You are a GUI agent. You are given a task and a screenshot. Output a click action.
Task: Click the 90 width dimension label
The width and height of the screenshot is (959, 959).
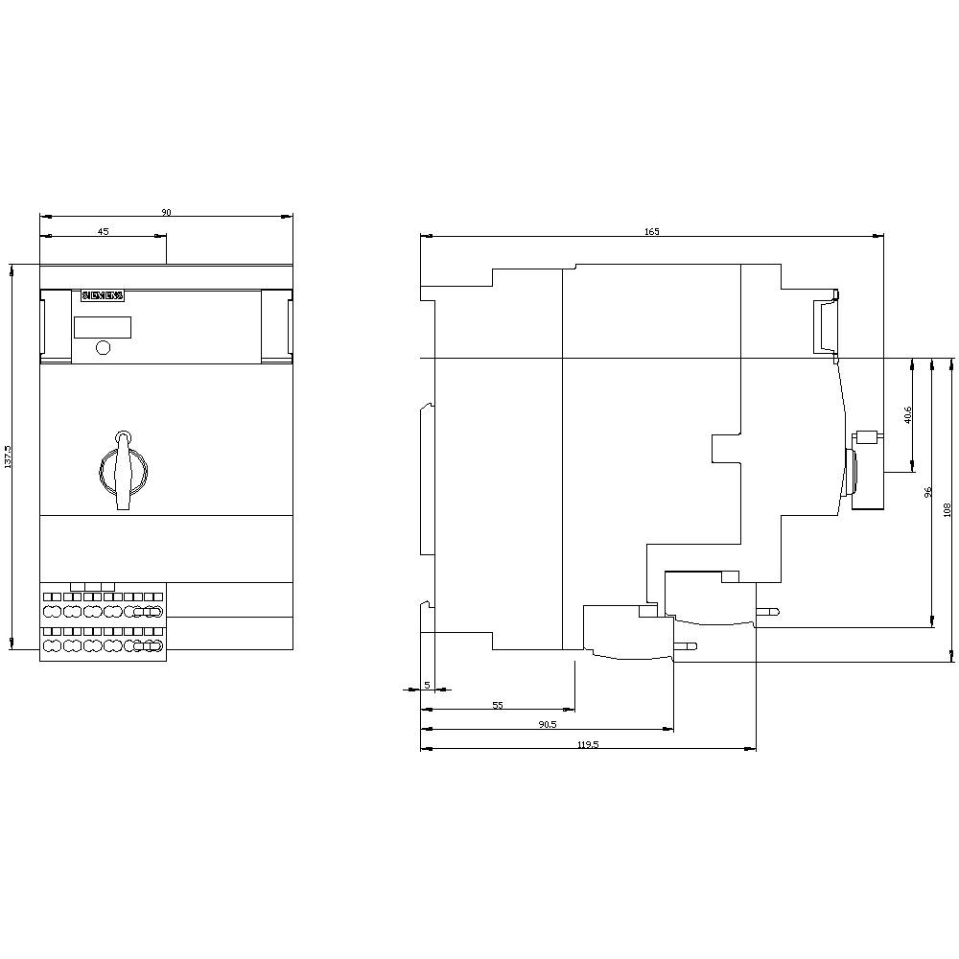[166, 212]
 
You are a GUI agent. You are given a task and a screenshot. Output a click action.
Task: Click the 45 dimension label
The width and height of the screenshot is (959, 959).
[104, 231]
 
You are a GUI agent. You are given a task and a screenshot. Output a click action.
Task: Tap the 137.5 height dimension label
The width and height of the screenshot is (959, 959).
[9, 456]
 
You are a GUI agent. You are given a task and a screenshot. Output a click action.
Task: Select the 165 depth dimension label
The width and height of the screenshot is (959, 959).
[651, 231]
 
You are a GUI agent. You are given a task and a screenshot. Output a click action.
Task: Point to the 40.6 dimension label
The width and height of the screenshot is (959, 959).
[907, 414]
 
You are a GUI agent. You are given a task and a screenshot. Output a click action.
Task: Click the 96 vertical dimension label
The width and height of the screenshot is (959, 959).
[927, 492]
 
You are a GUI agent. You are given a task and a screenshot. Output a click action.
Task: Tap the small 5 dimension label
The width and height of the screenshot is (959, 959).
[428, 685]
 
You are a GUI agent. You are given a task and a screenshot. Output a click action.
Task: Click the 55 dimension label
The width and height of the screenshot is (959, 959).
[498, 705]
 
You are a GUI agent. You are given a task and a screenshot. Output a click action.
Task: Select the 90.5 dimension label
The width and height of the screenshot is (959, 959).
[547, 724]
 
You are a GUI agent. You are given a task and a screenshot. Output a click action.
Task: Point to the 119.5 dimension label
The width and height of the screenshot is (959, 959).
[588, 744]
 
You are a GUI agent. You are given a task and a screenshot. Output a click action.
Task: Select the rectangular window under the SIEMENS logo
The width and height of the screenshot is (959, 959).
[103, 327]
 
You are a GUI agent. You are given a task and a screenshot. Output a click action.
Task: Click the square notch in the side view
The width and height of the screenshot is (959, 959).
[726, 449]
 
